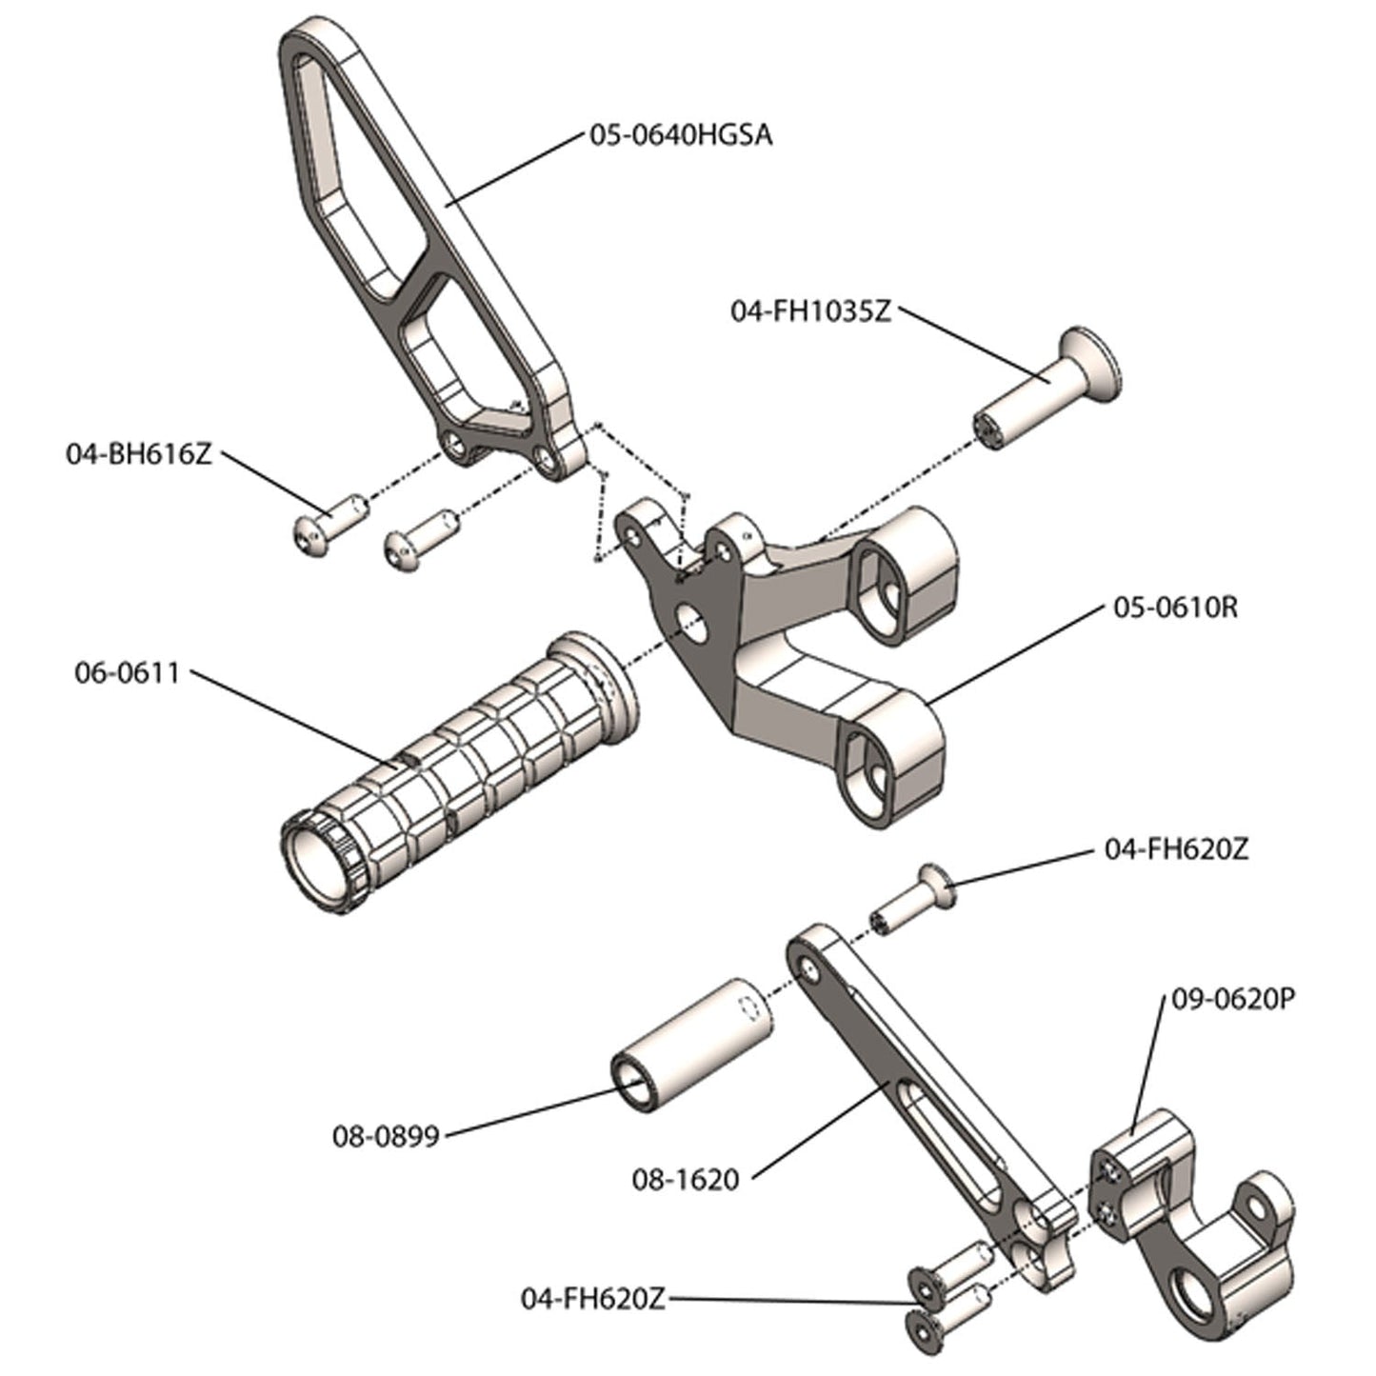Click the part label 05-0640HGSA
pos(680,135)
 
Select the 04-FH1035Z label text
pos(810,311)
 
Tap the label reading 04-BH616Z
pos(138,453)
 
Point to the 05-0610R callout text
pos(1175,607)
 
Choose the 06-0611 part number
pos(127,672)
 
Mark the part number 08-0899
pos(386,1136)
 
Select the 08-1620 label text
pos(686,1180)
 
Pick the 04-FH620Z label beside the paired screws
pos(592,1299)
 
